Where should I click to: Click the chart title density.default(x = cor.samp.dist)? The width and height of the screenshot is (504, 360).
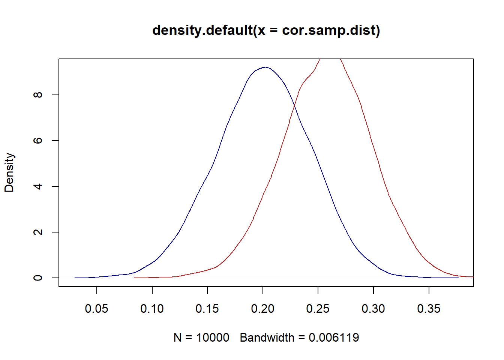266,30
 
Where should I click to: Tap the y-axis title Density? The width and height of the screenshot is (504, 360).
9,172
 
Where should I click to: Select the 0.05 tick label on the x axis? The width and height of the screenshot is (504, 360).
96,309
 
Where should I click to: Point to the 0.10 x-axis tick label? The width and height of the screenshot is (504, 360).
152,309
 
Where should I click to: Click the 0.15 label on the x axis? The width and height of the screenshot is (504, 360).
207,309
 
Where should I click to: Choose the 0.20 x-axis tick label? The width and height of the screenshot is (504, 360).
262,309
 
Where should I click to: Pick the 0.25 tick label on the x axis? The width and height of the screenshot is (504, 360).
318,309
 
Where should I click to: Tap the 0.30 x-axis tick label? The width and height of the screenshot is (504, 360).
373,309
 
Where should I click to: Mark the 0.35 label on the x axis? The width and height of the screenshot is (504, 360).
429,309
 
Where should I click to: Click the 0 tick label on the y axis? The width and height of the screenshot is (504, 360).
37,278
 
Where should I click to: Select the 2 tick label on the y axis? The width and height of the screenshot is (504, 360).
37,232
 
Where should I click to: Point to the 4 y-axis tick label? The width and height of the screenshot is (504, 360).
37,186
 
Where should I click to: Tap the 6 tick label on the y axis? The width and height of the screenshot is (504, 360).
37,140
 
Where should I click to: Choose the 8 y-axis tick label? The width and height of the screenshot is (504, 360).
37,95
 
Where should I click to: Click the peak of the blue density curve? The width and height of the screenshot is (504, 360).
265,67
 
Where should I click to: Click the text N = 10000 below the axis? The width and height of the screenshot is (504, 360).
201,338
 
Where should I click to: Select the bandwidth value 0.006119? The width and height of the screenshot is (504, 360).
334,338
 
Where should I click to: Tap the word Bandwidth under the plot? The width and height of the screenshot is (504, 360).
267,338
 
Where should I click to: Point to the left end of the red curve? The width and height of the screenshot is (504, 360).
134,278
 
